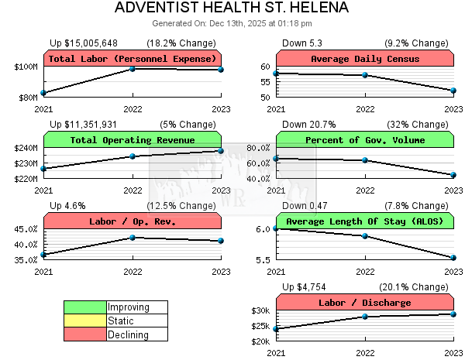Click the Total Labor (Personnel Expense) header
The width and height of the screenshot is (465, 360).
coord(132,59)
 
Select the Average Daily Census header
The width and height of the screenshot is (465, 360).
coord(364,59)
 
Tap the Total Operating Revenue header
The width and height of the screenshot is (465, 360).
coord(132,140)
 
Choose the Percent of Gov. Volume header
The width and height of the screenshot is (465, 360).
coord(364,140)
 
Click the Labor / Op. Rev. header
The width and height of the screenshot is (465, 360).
coord(132,221)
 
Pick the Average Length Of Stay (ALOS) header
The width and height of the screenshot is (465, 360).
coord(364,221)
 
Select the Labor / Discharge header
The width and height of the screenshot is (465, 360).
coord(364,303)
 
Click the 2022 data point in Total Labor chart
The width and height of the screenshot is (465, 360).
coord(133,69)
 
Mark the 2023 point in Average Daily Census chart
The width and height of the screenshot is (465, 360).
coord(453,91)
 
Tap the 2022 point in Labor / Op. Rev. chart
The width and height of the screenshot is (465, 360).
coord(133,238)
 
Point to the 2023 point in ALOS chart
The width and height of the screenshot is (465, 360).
coord(453,258)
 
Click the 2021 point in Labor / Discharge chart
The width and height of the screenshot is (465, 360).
coord(277,329)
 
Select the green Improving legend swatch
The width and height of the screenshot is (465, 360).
coord(84,307)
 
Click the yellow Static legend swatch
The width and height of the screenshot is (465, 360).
coord(84,321)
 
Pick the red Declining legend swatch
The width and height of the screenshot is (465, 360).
coord(84,334)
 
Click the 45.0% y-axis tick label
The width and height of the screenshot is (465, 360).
coord(26,229)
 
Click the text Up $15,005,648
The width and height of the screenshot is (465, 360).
coord(84,43)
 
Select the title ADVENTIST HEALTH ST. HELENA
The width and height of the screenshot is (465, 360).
coord(232,9)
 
